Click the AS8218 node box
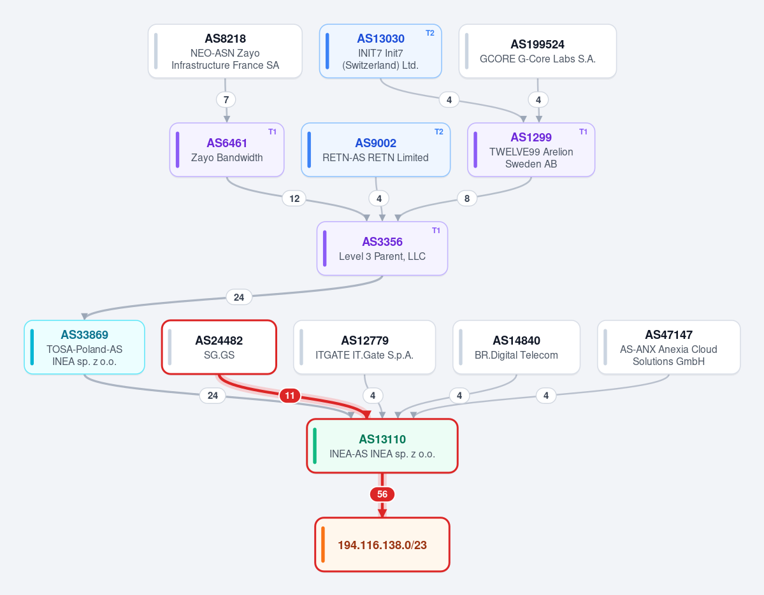(225, 51)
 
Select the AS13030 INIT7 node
(380, 51)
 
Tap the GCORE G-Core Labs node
(537, 51)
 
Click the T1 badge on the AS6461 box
(272, 132)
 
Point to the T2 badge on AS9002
(439, 132)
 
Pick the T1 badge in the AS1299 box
(583, 132)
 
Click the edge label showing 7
(226, 100)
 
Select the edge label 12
(294, 198)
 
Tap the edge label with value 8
(467, 198)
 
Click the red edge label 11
(290, 395)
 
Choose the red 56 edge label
(382, 494)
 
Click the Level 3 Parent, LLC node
(382, 248)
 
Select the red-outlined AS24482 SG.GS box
(219, 347)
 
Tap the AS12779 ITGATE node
(364, 347)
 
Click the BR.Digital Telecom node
(517, 347)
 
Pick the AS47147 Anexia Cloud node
(668, 347)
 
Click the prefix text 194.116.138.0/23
(382, 545)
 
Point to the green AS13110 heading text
(382, 439)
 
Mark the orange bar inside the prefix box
(323, 544)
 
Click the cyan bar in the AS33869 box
(32, 347)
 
